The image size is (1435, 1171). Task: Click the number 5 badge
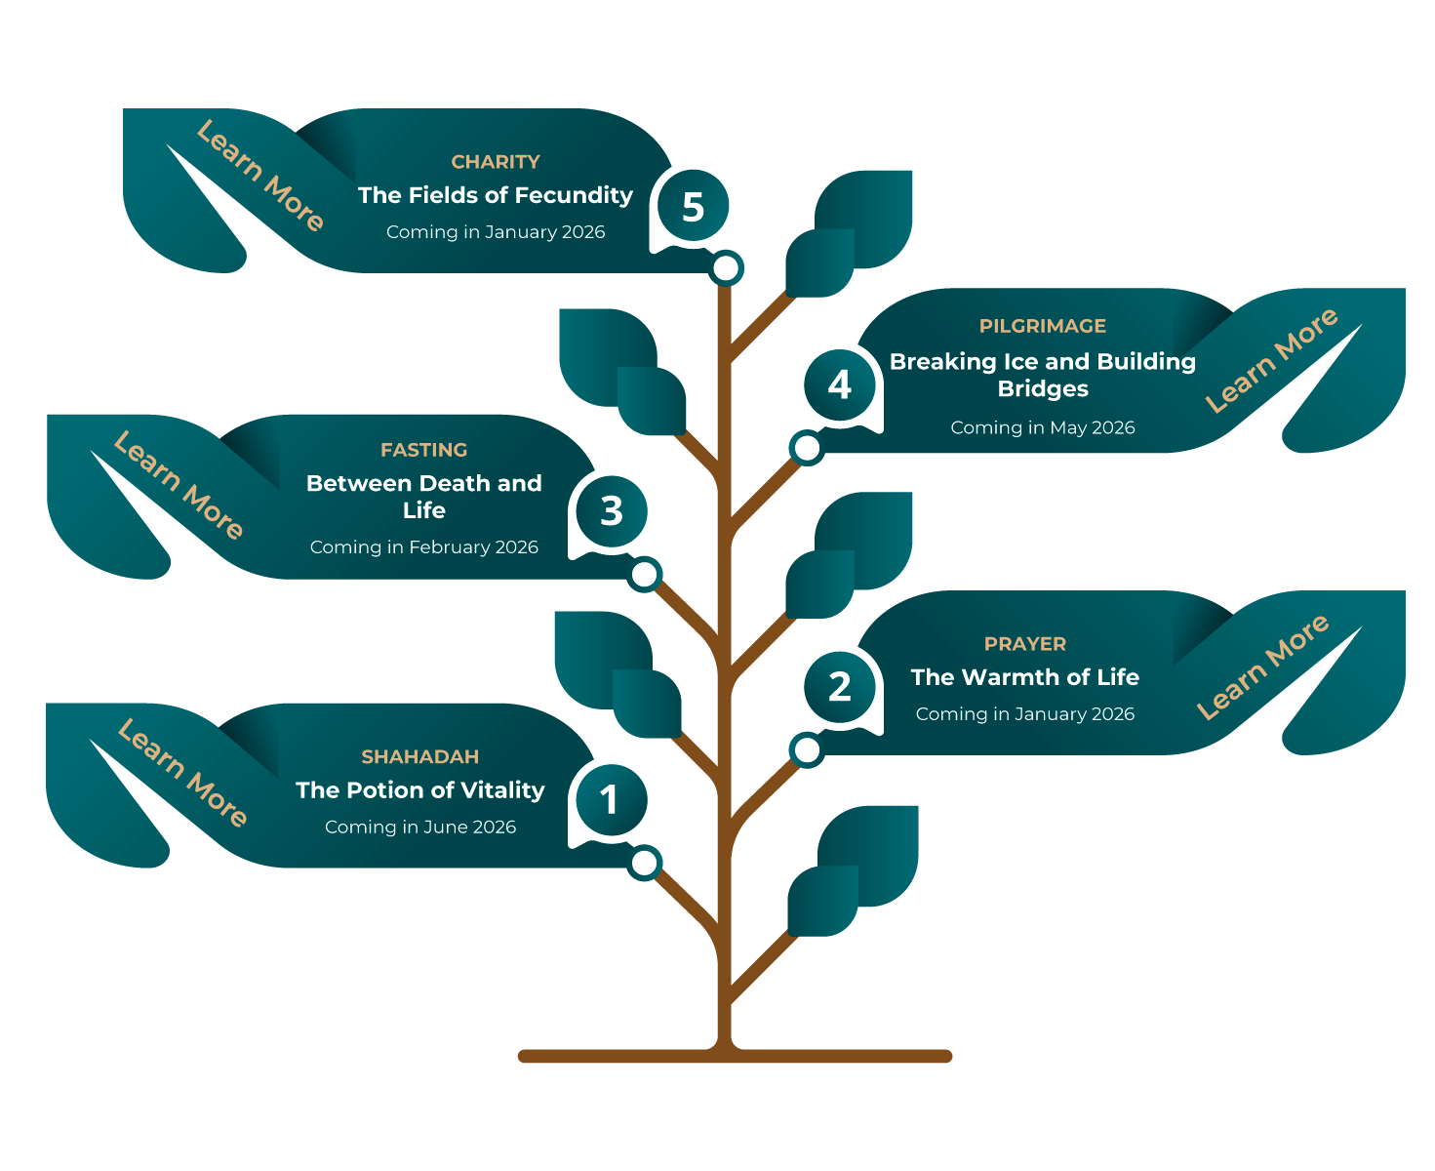pyautogui.click(x=693, y=207)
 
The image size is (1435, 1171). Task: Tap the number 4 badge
pyautogui.click(x=839, y=384)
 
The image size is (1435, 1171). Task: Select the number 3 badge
pyautogui.click(x=612, y=510)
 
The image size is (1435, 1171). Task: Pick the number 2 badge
pyautogui.click(x=839, y=687)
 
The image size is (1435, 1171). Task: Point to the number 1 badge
pyautogui.click(x=610, y=800)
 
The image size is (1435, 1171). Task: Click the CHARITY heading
pyautogui.click(x=496, y=162)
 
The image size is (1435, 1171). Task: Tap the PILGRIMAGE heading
pyautogui.click(x=1042, y=326)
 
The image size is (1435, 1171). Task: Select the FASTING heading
pyautogui.click(x=423, y=450)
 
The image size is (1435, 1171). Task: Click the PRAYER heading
pyautogui.click(x=1024, y=644)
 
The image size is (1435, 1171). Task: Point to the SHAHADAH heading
pyautogui.click(x=419, y=756)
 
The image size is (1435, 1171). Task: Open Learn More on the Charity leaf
pyautogui.click(x=259, y=177)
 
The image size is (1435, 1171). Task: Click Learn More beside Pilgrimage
pyautogui.click(x=1271, y=360)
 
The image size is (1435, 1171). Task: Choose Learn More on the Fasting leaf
pyautogui.click(x=179, y=486)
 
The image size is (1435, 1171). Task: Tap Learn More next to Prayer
pyautogui.click(x=1263, y=666)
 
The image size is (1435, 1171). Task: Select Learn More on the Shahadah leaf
pyautogui.click(x=182, y=773)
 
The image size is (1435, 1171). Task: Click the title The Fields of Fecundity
pyautogui.click(x=496, y=195)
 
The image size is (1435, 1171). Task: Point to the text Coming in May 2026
pyautogui.click(x=1042, y=427)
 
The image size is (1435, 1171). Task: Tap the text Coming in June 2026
pyautogui.click(x=419, y=827)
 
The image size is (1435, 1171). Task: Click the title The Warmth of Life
pyautogui.click(x=1024, y=677)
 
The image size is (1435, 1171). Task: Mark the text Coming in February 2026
pyautogui.click(x=423, y=547)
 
